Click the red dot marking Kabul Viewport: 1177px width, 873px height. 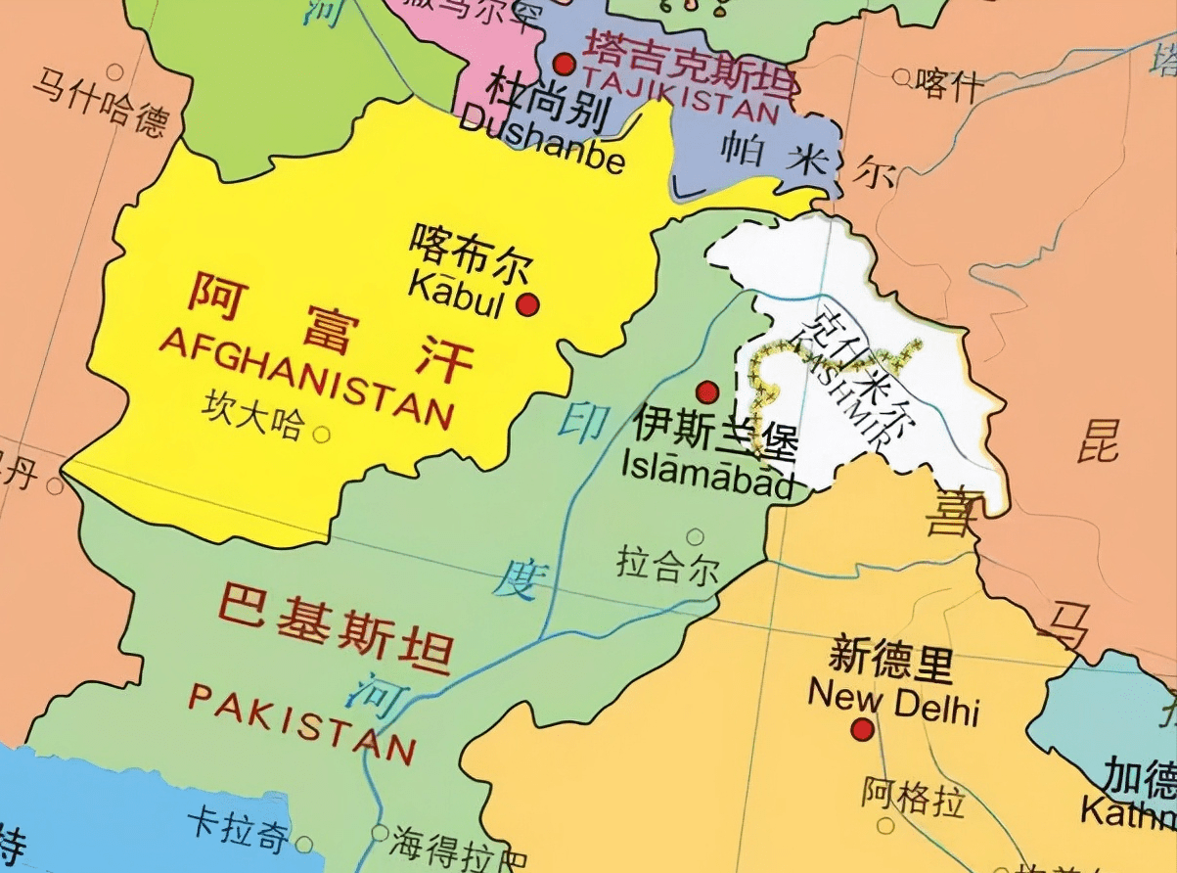click(x=528, y=304)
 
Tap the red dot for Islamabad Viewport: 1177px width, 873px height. click(x=707, y=392)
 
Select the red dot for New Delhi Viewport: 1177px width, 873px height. click(x=862, y=729)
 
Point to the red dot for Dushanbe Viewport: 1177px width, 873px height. click(x=564, y=65)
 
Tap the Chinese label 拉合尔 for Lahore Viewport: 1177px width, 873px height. click(x=667, y=567)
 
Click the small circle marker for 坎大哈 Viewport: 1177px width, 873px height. click(x=321, y=434)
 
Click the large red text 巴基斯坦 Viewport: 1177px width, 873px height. click(x=333, y=625)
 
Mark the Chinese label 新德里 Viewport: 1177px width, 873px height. click(x=890, y=661)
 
